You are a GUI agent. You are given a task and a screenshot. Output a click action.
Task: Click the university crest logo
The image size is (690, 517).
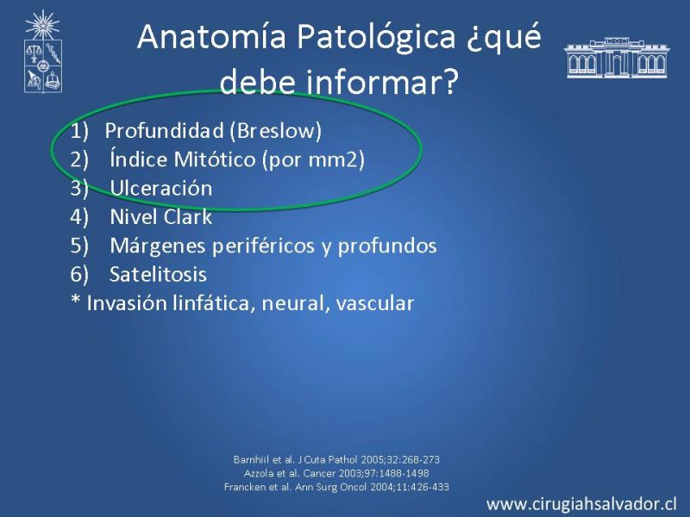(x=42, y=52)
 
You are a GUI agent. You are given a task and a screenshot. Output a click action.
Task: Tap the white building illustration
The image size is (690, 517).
(x=617, y=58)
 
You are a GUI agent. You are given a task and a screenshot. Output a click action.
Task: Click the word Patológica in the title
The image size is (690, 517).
(x=376, y=36)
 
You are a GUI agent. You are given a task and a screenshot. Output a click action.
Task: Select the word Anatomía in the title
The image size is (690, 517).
(x=211, y=36)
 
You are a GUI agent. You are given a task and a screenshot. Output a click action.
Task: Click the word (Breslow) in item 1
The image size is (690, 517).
(x=275, y=131)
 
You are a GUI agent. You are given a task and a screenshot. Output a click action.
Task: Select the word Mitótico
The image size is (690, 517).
(x=215, y=159)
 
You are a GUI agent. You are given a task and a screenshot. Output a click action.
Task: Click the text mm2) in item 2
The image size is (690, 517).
(x=336, y=159)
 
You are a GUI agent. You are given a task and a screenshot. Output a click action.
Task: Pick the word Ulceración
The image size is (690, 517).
(x=161, y=188)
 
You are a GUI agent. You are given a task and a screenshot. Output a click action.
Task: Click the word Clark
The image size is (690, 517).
(x=187, y=217)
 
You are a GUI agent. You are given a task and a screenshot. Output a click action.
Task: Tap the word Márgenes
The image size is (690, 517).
(x=159, y=246)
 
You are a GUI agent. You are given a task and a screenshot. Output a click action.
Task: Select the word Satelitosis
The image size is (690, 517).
(x=158, y=274)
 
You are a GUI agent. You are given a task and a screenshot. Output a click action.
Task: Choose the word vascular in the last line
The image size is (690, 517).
(x=375, y=303)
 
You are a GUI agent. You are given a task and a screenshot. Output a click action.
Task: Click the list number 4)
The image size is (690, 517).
(x=79, y=217)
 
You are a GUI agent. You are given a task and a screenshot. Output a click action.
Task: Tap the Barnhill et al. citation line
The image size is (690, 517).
(x=336, y=460)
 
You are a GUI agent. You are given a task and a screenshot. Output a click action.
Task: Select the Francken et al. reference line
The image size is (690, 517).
(x=336, y=487)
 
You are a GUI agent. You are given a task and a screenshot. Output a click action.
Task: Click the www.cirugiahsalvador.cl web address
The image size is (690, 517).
(x=581, y=504)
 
